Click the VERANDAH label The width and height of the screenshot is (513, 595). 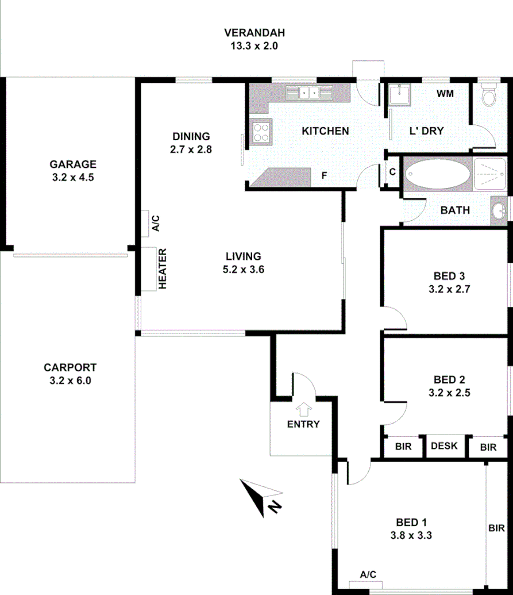(254, 32)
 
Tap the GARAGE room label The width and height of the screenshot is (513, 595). (72, 164)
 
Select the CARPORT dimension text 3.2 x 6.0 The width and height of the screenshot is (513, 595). (70, 380)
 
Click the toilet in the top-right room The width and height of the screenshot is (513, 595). (489, 96)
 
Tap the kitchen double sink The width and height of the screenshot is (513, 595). (309, 93)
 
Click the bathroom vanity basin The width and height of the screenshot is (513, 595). (498, 210)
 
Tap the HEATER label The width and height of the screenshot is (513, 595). (163, 268)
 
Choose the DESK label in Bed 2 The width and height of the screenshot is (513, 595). (444, 446)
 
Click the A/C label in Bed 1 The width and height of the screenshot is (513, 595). (368, 574)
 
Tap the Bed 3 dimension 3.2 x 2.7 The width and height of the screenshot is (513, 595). (449, 289)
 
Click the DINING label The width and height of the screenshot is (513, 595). (191, 136)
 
